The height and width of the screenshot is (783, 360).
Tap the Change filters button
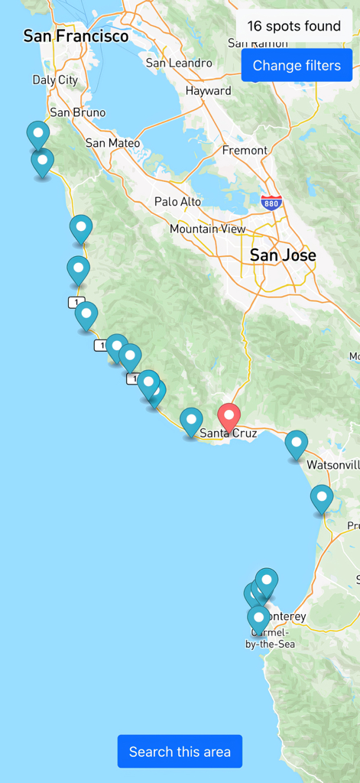pos(297,66)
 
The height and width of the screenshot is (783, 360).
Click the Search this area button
pos(180,752)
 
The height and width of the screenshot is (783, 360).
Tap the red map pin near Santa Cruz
pos(229,417)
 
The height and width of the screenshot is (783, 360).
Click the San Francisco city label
pos(76,36)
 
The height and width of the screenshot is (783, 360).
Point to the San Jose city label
pos(283,255)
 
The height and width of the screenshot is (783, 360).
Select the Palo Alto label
pos(177,202)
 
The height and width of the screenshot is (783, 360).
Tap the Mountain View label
pos(208,229)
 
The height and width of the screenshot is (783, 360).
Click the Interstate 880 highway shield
pos(271,203)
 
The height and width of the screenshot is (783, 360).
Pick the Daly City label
pos(55,80)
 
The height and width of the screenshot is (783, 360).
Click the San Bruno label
pos(77,112)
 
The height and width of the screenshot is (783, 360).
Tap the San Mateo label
pos(112,143)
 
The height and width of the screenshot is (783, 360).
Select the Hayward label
pos(208,91)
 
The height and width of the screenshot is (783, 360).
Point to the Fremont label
pos(245,150)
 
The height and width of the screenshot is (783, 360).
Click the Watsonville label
pos(332,465)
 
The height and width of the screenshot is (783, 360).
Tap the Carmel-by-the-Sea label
pos(270,638)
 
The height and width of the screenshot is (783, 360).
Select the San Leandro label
pos(179,63)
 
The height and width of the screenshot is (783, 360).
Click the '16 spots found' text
pos(294,27)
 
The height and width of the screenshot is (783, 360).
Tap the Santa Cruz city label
pos(228,434)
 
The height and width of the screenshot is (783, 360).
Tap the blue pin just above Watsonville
pos(297,443)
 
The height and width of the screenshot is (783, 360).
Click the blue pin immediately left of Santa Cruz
pos(191,421)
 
